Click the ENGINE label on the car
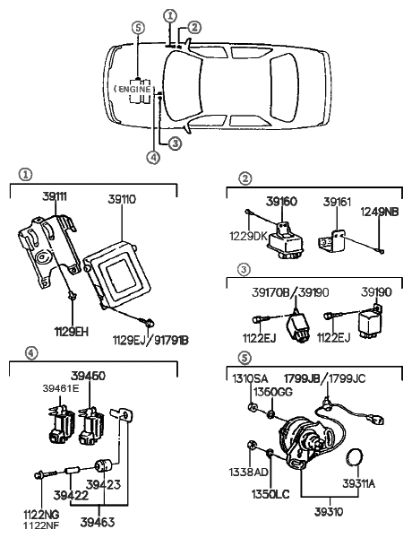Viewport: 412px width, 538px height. point(136,90)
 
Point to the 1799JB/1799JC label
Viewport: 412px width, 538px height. point(330,379)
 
